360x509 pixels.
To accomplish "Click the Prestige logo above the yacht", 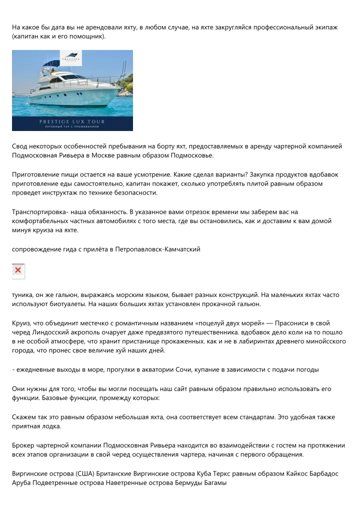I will pos(70,58).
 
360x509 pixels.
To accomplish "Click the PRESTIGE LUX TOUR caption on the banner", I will pos(72,121).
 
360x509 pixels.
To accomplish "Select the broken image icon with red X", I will pos(18,270).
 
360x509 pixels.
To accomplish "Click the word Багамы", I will pos(215,483).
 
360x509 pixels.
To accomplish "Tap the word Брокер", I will pos(24,445).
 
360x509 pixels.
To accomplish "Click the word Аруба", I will pos(21,483).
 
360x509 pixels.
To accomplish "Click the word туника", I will pos(22,295).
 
